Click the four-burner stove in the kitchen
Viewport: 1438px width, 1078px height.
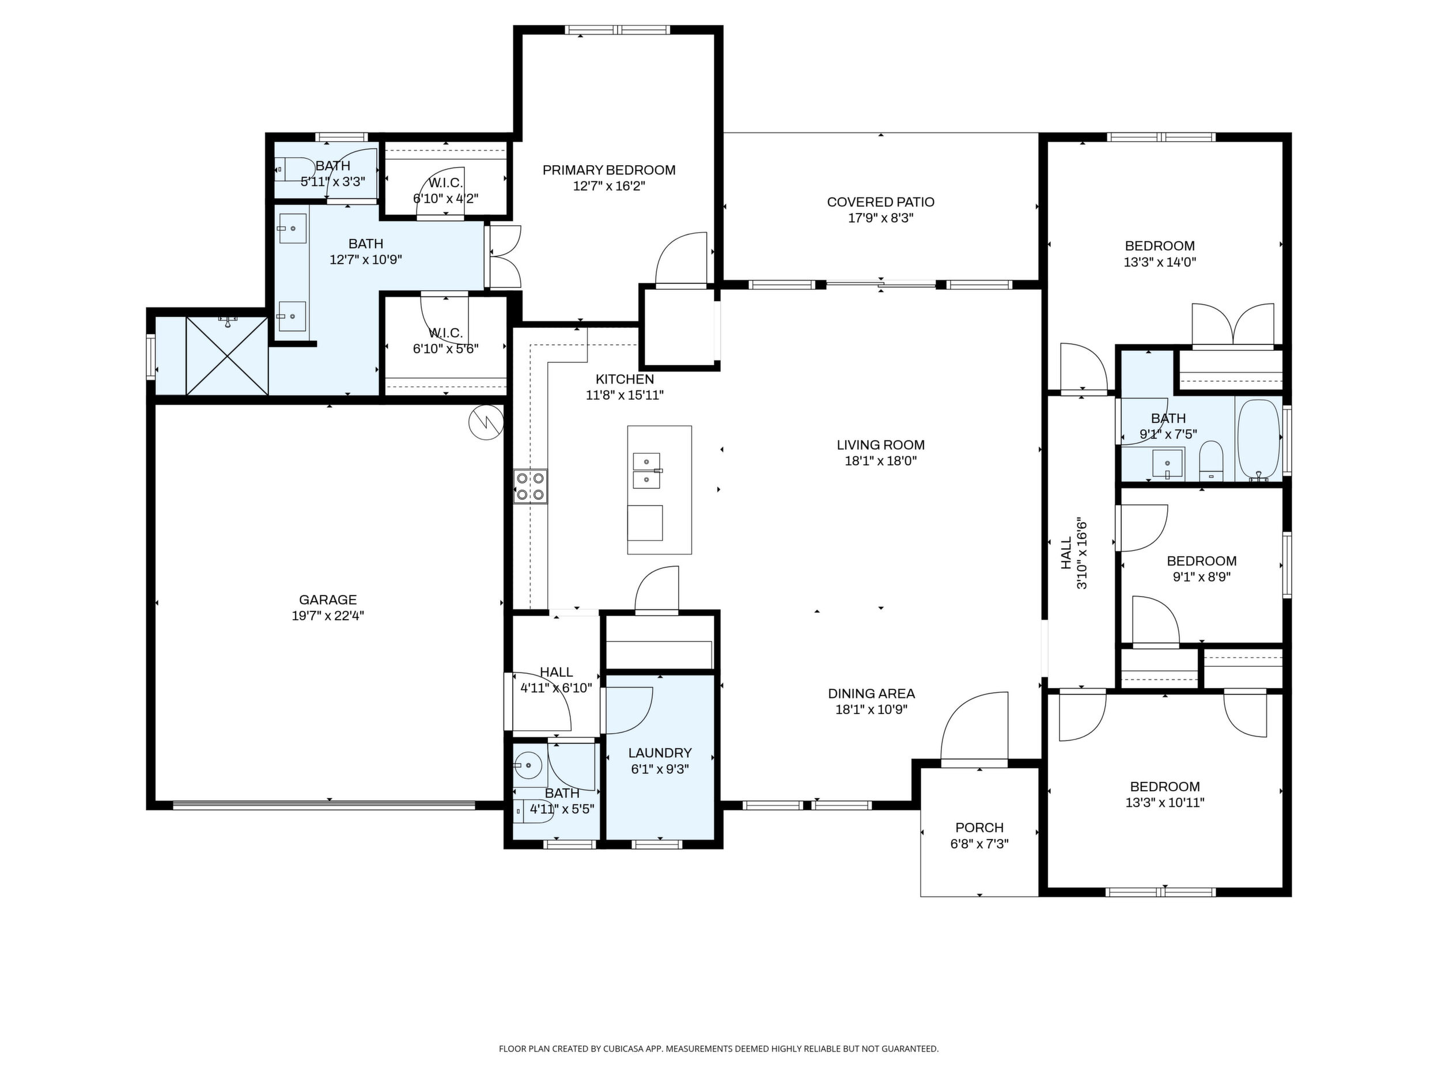[x=531, y=486]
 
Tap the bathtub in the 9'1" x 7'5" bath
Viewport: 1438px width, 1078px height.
[x=1259, y=439]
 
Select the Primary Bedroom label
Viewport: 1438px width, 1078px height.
[x=609, y=170]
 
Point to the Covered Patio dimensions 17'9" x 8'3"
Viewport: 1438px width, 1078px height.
[x=881, y=218]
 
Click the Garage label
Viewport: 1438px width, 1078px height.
[x=328, y=600]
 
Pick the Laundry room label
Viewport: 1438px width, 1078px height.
[x=660, y=753]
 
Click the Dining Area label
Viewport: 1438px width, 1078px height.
[x=871, y=693]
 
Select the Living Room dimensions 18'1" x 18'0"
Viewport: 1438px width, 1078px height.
[x=881, y=461]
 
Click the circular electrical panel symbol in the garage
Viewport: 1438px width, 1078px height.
[x=486, y=422]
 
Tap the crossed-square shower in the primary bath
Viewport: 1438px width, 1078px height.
[x=227, y=355]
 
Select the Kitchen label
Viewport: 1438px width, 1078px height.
[x=625, y=379]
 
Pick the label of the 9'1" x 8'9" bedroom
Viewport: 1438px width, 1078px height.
[x=1201, y=561]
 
